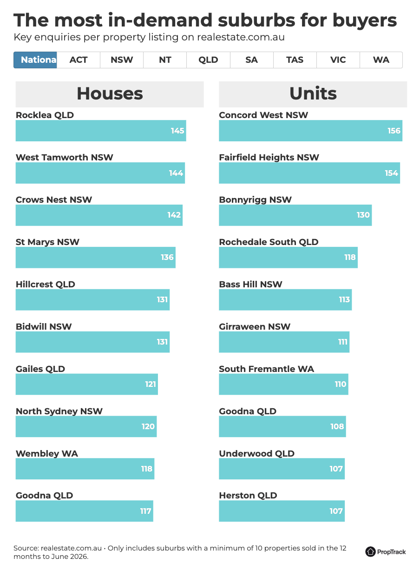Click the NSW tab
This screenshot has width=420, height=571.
point(122,60)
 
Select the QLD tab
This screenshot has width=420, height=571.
point(208,60)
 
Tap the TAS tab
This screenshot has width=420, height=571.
point(295,60)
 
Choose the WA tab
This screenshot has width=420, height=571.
point(381,60)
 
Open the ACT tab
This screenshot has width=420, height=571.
point(79,60)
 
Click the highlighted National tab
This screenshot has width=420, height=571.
point(35,60)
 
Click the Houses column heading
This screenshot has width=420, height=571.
point(110,93)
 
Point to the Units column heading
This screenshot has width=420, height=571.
point(313,93)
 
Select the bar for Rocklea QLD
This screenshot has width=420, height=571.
point(101,131)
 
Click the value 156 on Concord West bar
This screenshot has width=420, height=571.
point(394,131)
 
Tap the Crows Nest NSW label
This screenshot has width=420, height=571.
point(54,199)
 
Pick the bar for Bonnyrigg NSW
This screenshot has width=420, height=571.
point(295,215)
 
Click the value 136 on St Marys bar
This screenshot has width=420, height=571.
point(167,257)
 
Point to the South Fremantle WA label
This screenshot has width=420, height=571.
point(266,369)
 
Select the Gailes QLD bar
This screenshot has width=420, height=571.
point(87,384)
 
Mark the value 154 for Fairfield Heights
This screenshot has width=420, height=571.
point(391,173)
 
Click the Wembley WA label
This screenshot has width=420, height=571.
point(47,453)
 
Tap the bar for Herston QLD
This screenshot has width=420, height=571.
point(282,511)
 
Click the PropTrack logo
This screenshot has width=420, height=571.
point(385,552)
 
